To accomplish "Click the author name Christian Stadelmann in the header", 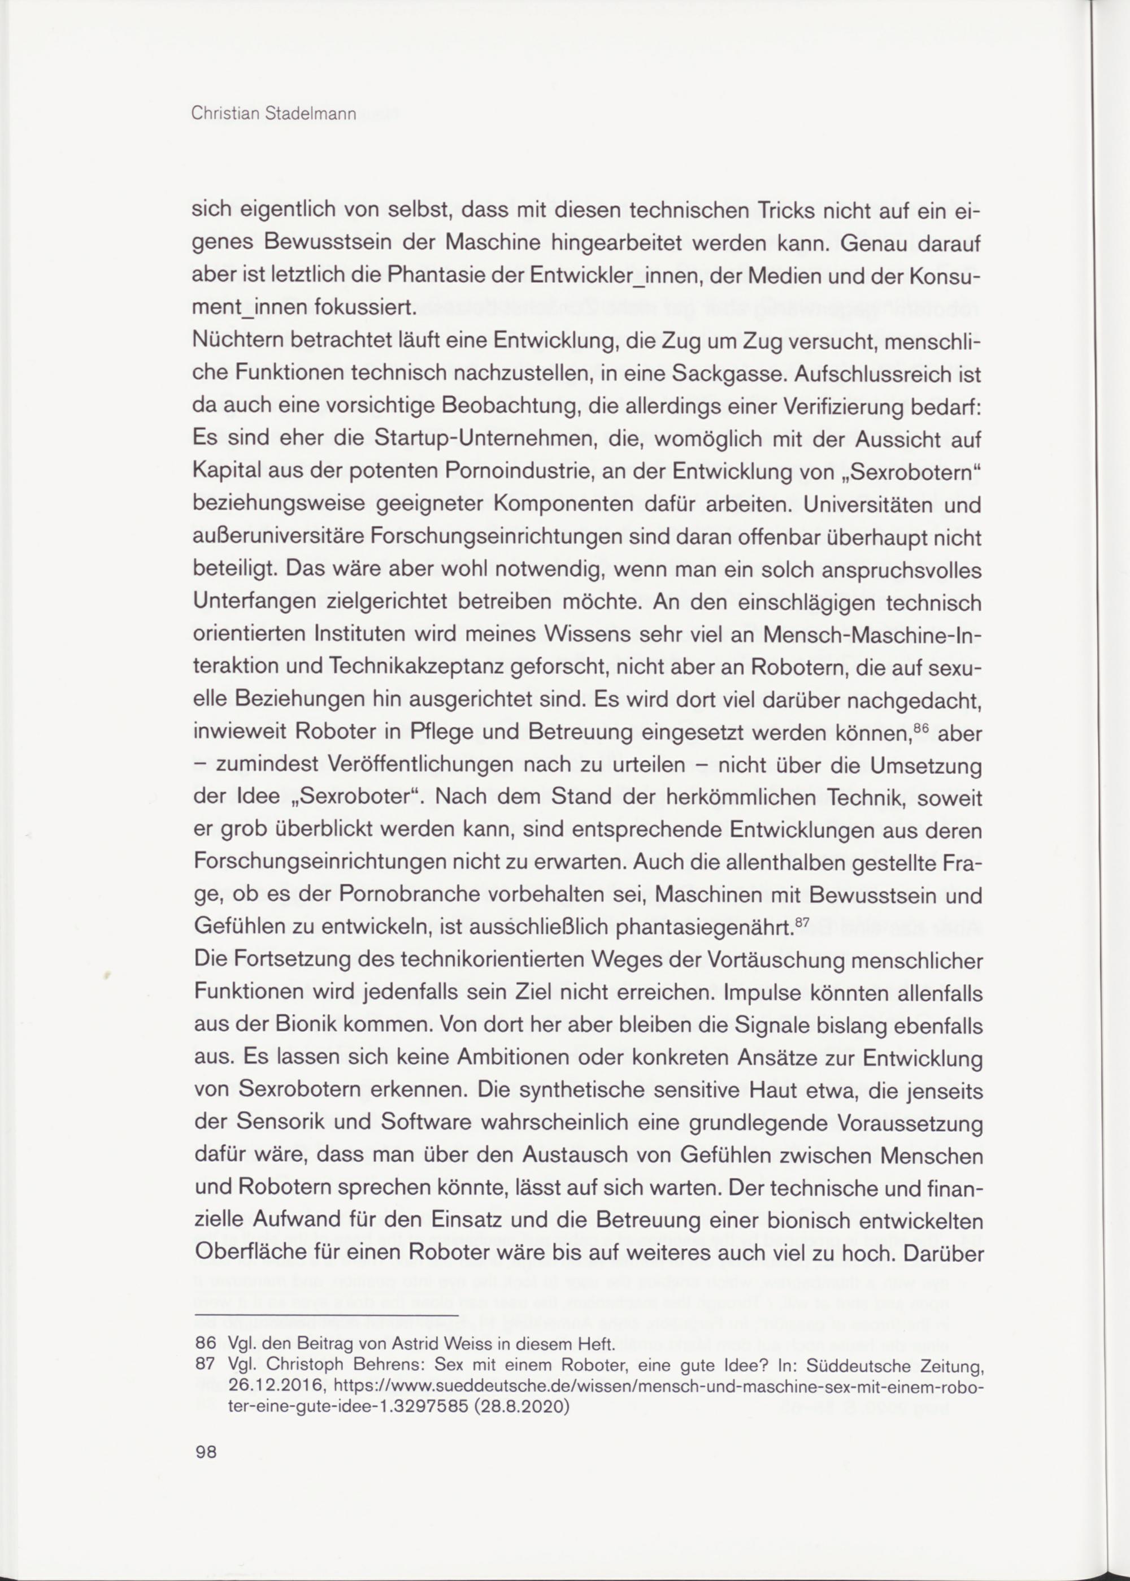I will point(273,114).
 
